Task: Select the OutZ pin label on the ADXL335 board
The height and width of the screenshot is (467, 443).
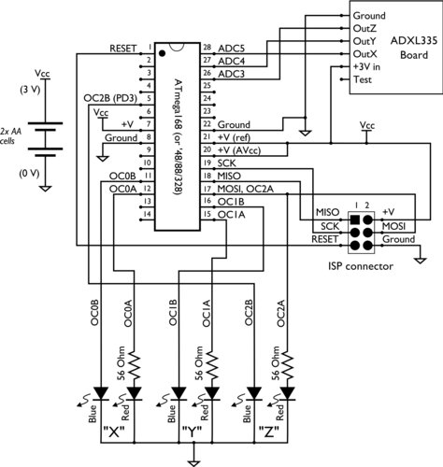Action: pyautogui.click(x=367, y=29)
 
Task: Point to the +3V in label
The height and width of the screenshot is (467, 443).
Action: pyautogui.click(x=372, y=67)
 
